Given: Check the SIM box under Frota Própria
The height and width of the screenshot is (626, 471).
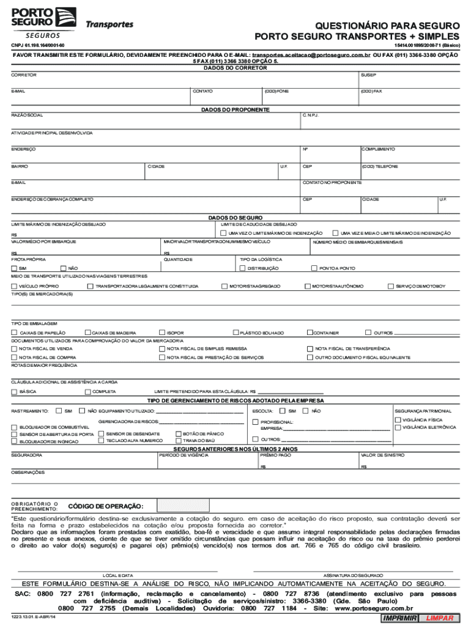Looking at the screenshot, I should point(14,268).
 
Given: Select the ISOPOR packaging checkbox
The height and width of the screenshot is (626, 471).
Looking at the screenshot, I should point(161,333).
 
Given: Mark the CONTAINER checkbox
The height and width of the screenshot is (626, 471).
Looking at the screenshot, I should point(310,333).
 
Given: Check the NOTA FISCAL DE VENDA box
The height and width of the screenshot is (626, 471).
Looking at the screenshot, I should point(14,348).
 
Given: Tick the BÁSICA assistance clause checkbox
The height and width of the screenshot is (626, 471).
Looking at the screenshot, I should point(14,391).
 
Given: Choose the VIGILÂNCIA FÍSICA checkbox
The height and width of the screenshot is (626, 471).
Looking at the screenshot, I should point(398,420).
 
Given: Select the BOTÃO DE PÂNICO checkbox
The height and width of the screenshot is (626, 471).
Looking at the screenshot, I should point(178,433).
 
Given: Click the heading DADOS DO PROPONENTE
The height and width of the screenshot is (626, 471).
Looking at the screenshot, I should point(236,110).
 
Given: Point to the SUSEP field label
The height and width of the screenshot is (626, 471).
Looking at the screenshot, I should point(368,75).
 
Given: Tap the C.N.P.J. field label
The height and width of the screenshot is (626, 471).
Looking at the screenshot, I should point(310,116).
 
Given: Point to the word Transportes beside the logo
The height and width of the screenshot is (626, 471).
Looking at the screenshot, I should point(109,25).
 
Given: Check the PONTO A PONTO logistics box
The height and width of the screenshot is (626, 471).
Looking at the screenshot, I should point(314,268).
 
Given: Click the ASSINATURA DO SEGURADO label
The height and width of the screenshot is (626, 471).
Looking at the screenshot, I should point(353,575).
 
